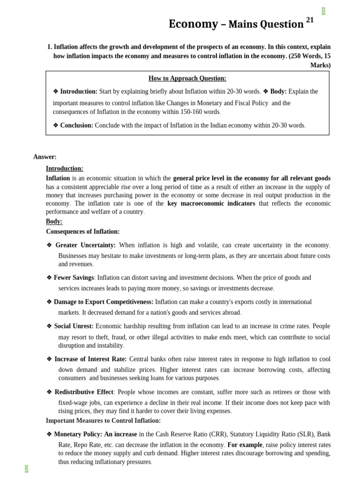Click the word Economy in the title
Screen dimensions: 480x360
(193, 24)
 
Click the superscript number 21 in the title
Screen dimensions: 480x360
(310, 20)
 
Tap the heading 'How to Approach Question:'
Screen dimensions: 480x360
(187, 78)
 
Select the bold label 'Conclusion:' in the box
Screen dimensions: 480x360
(77, 125)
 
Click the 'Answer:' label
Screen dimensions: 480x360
(45, 157)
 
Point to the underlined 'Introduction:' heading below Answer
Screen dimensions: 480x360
(64, 168)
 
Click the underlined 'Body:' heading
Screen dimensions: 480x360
(54, 221)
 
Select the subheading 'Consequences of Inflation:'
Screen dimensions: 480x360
(82, 232)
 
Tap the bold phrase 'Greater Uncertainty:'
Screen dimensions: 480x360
(85, 245)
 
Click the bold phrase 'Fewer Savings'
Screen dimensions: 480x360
(74, 277)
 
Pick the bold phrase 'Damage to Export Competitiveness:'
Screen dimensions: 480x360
(104, 302)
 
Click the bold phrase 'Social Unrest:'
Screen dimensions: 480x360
(74, 326)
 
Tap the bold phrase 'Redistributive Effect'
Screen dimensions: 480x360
(84, 392)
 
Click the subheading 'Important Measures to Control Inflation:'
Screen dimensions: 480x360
(103, 420)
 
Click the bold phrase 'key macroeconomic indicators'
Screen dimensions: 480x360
(211, 203)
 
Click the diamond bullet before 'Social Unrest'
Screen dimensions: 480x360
(49, 326)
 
